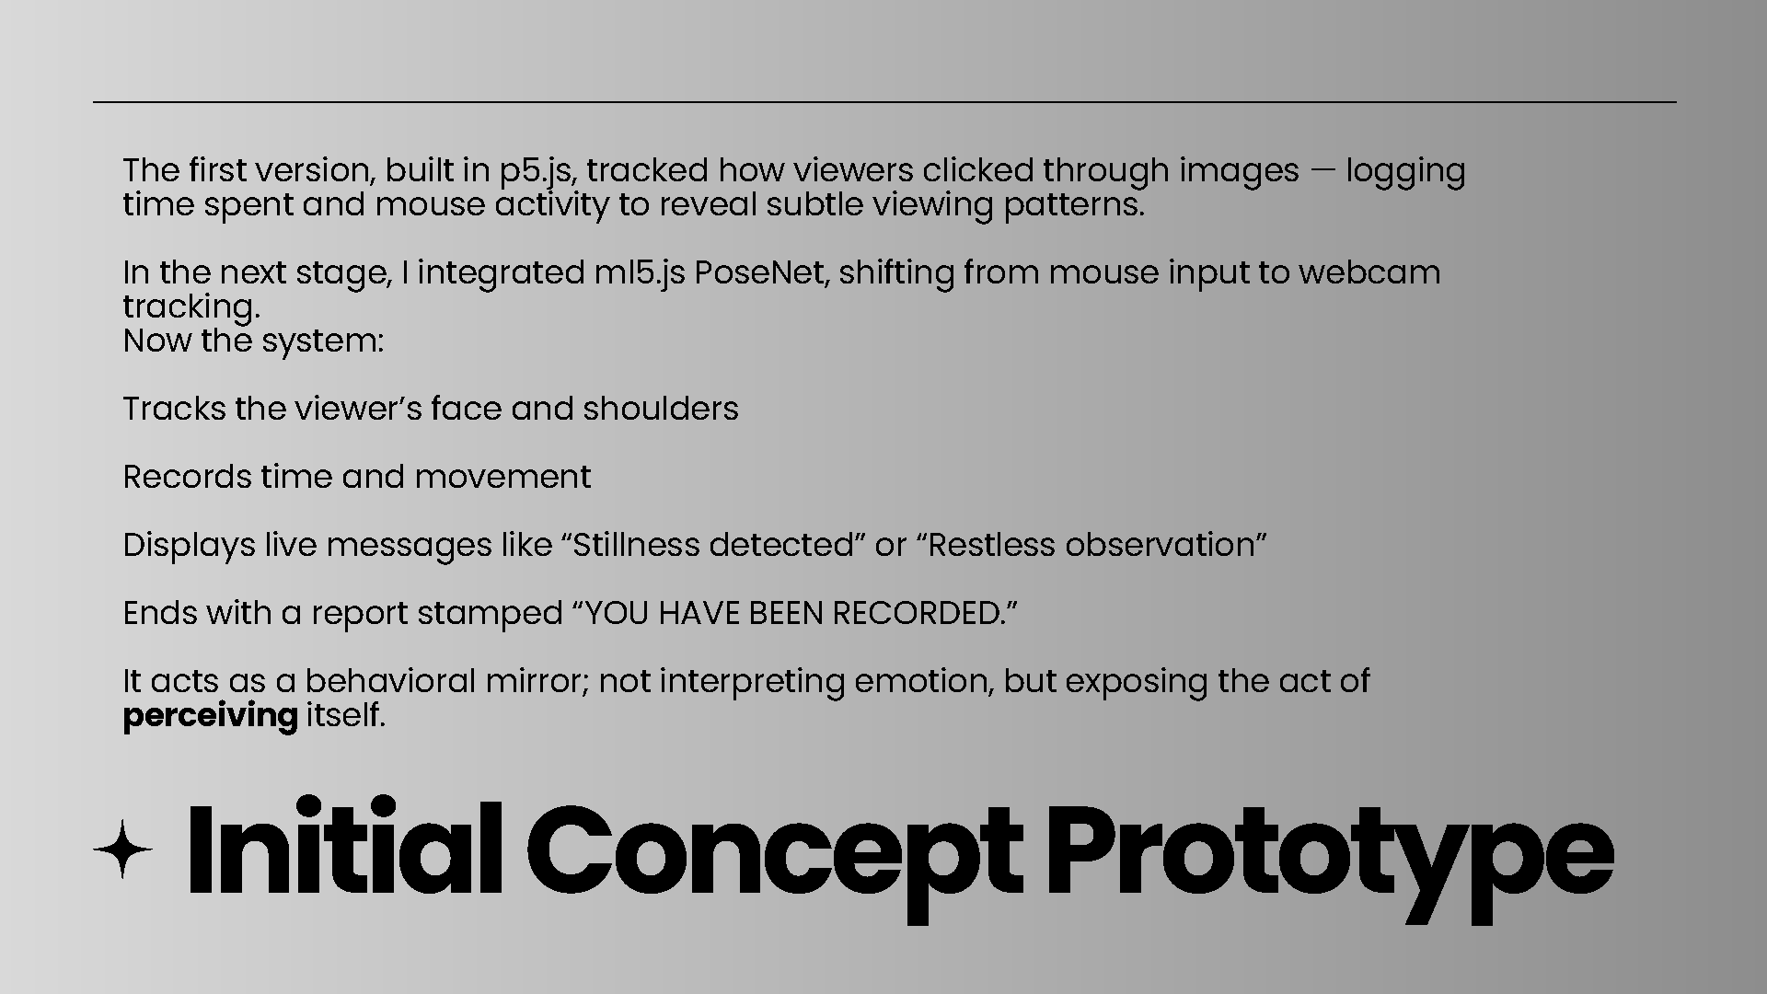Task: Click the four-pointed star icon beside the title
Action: pyautogui.click(x=122, y=848)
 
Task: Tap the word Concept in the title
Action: pyautogui.click(x=774, y=851)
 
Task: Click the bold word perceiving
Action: pyautogui.click(x=210, y=715)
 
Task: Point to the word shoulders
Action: pyautogui.click(x=660, y=409)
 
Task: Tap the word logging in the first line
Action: pyautogui.click(x=1405, y=172)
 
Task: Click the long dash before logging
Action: pyautogui.click(x=1322, y=171)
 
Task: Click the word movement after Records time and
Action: pyautogui.click(x=502, y=477)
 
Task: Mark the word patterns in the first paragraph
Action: pyautogui.click(x=1074, y=205)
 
